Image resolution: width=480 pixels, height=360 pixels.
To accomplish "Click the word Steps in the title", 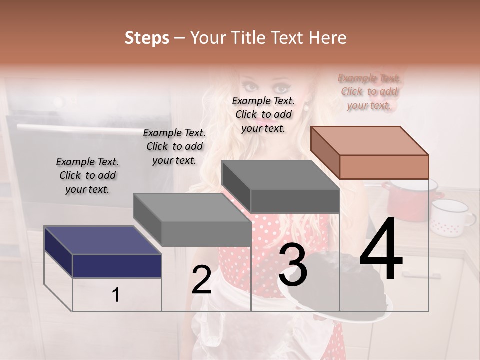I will click(x=147, y=38).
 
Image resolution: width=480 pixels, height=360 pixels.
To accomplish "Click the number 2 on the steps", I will click(x=201, y=280).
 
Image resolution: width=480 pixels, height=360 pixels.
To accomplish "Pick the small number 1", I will click(x=116, y=295).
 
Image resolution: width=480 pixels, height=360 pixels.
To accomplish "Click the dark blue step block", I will click(x=117, y=265).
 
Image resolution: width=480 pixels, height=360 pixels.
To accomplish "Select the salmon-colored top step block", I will click(x=383, y=166).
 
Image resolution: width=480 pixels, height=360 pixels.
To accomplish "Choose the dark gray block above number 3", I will click(x=294, y=200).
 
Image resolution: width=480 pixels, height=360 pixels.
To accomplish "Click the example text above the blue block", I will click(x=87, y=175).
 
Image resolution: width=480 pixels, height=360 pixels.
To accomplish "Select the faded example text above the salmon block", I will click(x=369, y=91).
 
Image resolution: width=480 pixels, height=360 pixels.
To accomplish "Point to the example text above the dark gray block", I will click(x=263, y=114).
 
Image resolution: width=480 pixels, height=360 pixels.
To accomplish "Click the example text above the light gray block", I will click(x=174, y=146).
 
